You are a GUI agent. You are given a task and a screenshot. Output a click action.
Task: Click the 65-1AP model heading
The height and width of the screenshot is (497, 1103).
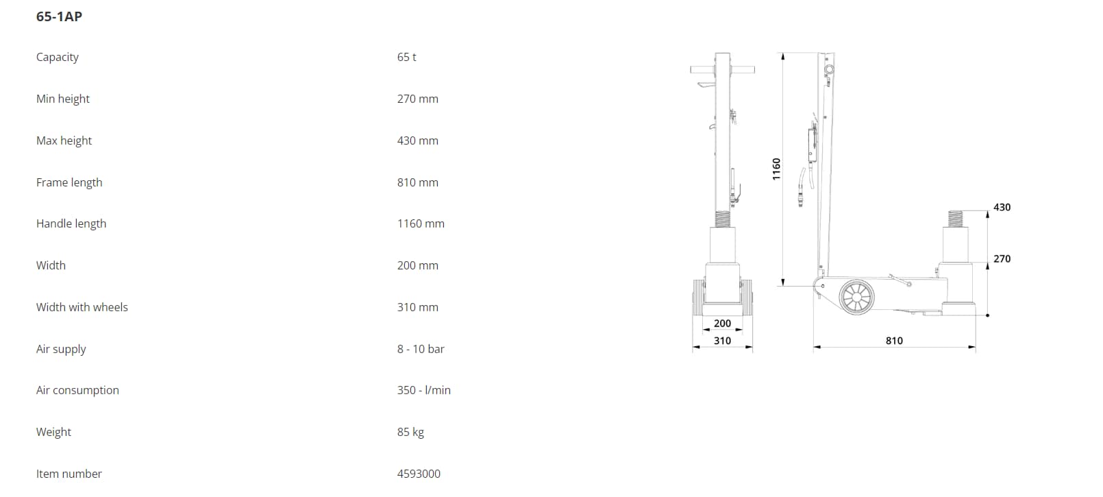click(59, 16)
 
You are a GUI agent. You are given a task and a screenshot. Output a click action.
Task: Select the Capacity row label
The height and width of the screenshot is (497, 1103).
click(57, 57)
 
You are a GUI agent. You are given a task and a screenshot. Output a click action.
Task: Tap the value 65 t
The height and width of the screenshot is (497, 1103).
click(407, 57)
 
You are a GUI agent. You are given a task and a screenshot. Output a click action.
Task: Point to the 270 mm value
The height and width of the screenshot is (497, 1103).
click(418, 99)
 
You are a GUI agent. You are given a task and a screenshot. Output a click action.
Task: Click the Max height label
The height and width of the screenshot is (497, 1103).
click(64, 141)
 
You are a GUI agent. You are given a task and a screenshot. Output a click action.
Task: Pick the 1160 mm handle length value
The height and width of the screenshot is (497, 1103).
click(421, 223)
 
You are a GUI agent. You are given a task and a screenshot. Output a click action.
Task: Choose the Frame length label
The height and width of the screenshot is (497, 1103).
click(69, 183)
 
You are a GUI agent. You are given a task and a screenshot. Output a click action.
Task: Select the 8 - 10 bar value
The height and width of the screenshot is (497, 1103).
click(421, 349)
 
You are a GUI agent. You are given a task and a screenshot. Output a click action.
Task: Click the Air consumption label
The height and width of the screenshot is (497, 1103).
click(77, 390)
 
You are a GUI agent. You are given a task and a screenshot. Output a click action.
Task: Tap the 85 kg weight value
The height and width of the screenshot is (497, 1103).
click(410, 432)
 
